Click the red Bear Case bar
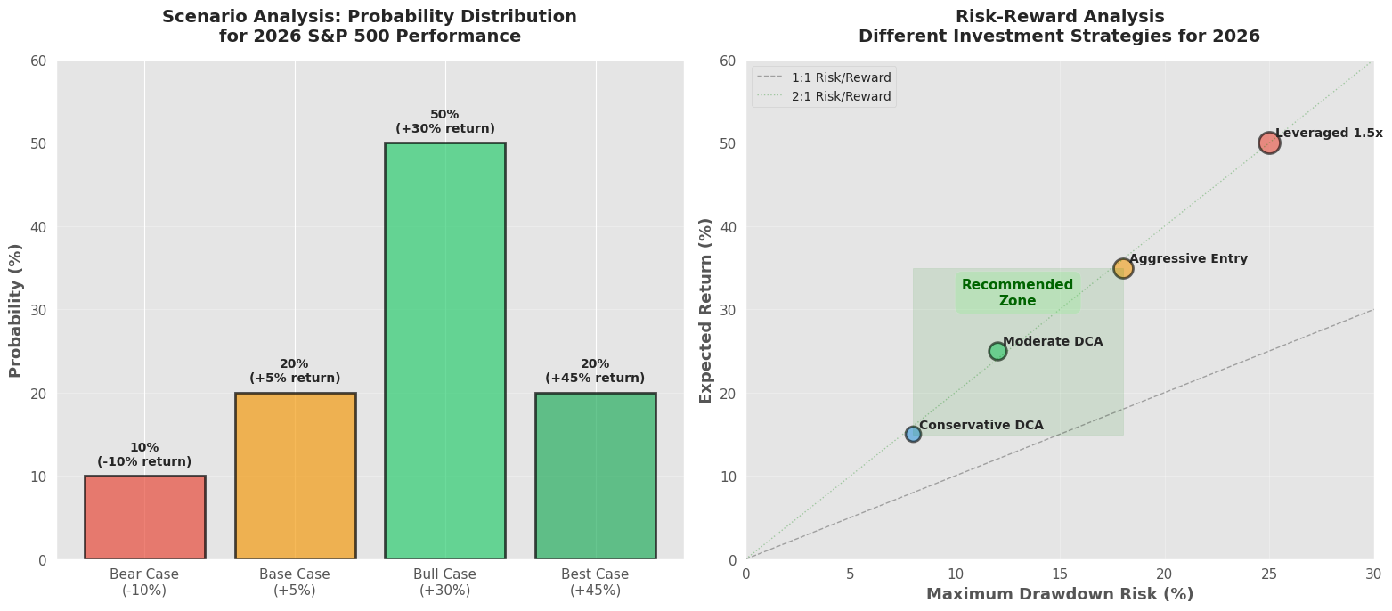pos(144,517)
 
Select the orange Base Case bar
pos(295,476)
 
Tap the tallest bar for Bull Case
pos(444,351)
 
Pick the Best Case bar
pos(595,476)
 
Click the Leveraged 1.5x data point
pos(1269,143)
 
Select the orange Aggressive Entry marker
pos(1123,268)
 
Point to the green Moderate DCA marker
pos(997,351)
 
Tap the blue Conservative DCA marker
pos(913,434)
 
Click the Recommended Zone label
pos(1017,293)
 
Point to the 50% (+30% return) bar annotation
pos(444,122)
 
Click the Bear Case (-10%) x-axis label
pos(144,582)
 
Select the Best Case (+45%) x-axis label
pos(595,582)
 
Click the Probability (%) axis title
pos(16,310)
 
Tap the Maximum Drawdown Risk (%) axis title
pos(1060,594)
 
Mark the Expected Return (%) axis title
pos(706,310)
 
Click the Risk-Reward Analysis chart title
pos(1059,27)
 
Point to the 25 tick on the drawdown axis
pos(1269,574)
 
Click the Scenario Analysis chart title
pos(370,27)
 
